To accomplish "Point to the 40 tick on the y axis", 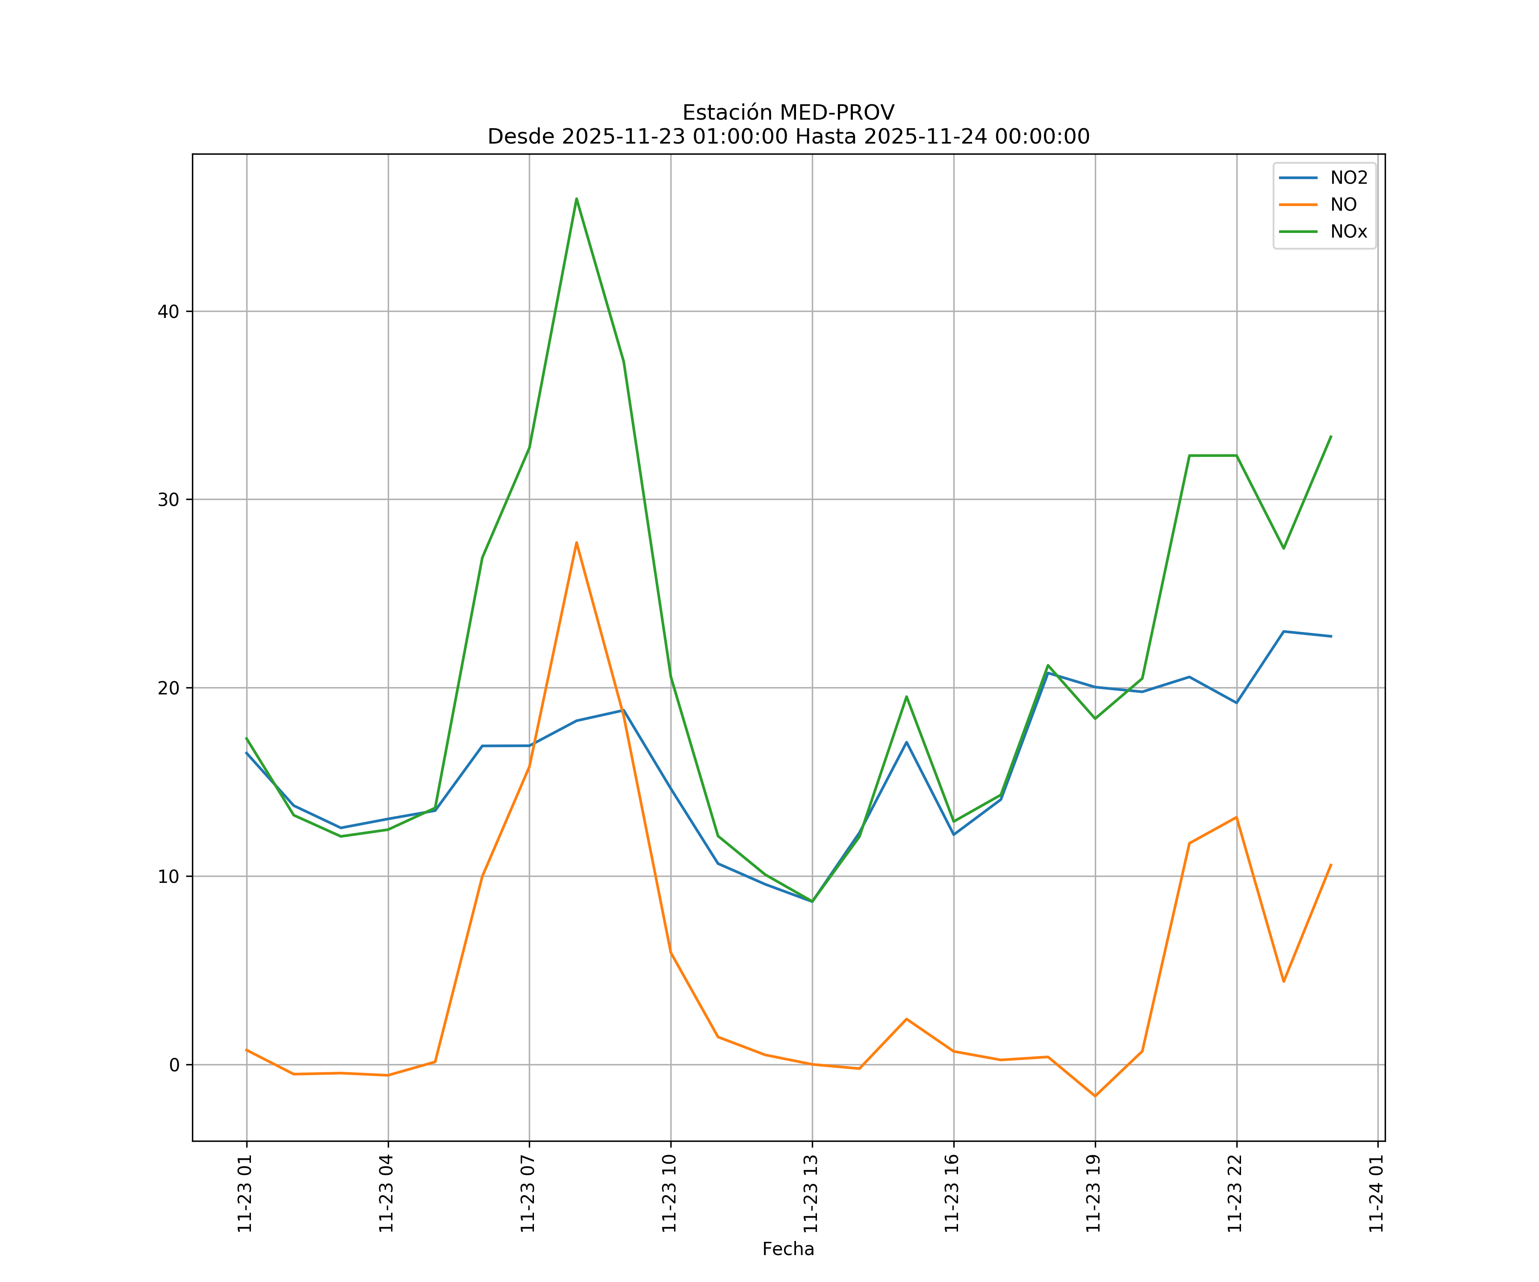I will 168,312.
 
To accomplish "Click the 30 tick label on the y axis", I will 168,500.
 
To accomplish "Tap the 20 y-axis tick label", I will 168,688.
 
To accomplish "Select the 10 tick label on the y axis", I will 168,876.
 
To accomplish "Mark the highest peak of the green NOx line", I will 577,199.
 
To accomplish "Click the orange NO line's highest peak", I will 577,543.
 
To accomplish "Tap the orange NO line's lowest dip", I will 1095,1096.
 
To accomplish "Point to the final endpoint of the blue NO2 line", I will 1331,636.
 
